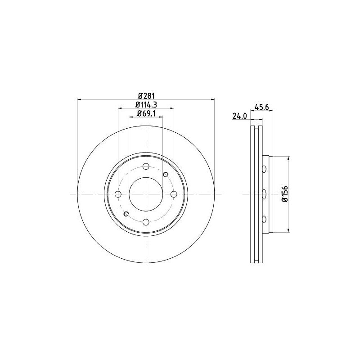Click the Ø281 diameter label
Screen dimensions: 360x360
[146, 95]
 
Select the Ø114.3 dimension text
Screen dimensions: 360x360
[146, 105]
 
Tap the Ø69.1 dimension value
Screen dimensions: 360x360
[146, 113]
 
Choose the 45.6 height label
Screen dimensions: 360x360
[262, 107]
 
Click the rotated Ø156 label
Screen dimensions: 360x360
[284, 194]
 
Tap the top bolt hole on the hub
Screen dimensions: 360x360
[146, 167]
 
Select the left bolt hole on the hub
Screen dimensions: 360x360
[118, 194]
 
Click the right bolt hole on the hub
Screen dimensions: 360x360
[174, 194]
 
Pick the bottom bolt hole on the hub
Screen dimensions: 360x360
[146, 221]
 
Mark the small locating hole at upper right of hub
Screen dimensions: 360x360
[165, 175]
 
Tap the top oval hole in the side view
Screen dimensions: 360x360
[264, 169]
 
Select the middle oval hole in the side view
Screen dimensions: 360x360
[264, 194]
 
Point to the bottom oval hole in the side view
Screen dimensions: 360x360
[264, 219]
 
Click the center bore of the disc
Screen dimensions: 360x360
[146, 194]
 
